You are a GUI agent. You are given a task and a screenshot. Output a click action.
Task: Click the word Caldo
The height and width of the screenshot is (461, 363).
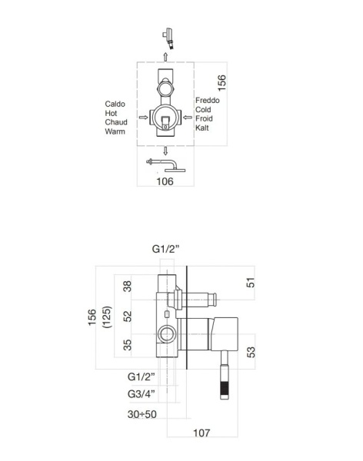[115, 104]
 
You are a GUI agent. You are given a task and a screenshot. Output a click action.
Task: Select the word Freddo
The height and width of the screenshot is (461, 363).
[207, 100]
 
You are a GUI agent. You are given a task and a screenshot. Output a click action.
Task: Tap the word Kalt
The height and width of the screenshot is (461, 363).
[202, 128]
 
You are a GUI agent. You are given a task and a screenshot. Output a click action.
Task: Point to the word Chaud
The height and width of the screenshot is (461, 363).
[116, 122]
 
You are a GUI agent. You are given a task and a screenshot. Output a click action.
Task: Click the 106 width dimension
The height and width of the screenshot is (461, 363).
[165, 181]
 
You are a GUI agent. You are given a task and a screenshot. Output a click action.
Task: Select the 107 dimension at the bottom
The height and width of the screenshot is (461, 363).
[201, 433]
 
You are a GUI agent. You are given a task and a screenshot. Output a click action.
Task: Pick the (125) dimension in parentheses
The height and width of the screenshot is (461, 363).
[107, 317]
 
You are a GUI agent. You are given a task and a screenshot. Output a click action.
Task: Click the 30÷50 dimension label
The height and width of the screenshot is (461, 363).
[142, 414]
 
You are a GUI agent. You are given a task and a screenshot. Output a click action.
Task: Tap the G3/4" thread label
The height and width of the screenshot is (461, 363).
[142, 393]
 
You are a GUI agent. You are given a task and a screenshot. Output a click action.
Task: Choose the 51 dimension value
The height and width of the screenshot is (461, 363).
[251, 283]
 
